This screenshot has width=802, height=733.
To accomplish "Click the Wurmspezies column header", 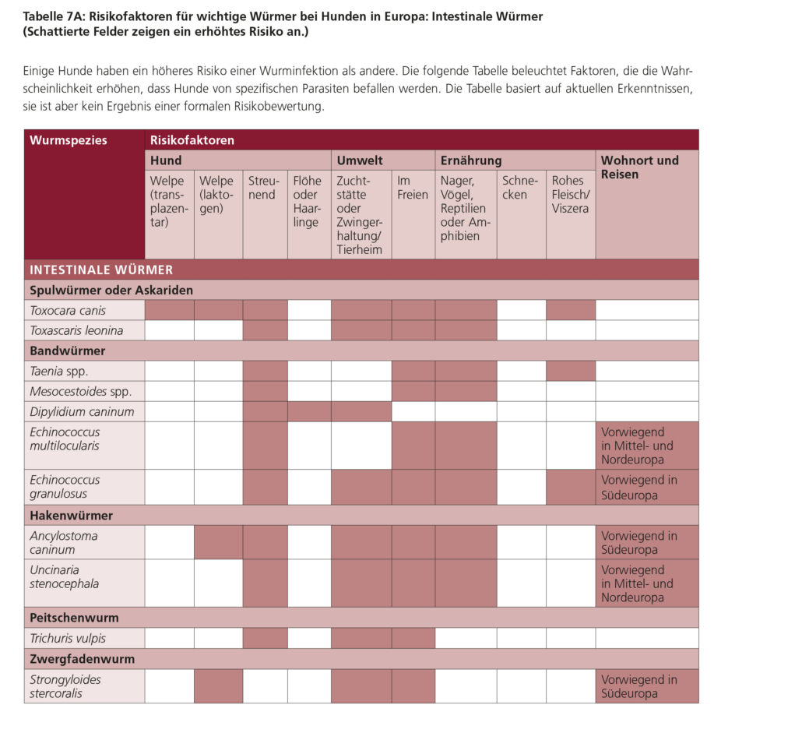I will click(x=69, y=140).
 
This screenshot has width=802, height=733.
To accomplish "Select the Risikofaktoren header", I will click(x=192, y=140).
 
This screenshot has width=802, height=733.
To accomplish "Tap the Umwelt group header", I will click(x=360, y=160).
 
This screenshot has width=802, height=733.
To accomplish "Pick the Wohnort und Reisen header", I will click(x=639, y=167).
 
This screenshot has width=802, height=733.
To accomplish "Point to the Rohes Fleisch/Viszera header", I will click(x=571, y=195).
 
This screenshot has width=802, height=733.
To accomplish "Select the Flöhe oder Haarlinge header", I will click(x=307, y=202).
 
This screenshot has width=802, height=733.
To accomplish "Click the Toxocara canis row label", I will click(x=68, y=310).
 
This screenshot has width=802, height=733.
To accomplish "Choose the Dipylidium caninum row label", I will click(x=82, y=411).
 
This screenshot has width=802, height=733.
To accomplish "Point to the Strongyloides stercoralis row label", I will click(x=65, y=686).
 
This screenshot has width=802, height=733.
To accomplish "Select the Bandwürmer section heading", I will click(x=67, y=351).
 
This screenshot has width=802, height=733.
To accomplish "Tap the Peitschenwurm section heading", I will click(x=74, y=618).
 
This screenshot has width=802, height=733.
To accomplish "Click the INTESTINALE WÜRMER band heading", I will click(x=101, y=270).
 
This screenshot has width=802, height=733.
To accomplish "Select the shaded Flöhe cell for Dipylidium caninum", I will click(x=309, y=411).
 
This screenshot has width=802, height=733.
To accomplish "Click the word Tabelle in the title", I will click(x=44, y=16).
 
